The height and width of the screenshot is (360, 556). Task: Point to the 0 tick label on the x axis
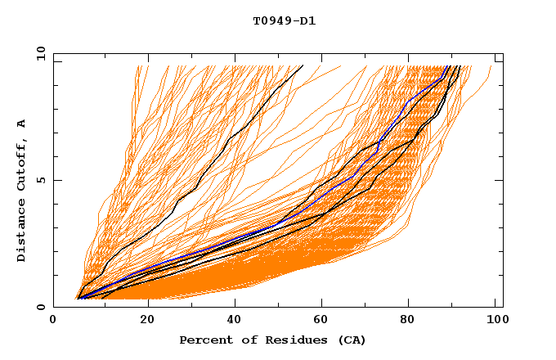(x=53, y=322)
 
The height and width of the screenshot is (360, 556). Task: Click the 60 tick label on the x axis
(x=323, y=322)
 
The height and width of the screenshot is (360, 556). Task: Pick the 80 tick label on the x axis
(x=413, y=322)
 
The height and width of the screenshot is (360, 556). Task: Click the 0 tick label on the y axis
(x=41, y=307)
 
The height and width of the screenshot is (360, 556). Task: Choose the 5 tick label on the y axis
(x=41, y=180)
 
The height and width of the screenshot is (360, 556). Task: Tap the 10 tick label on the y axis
(x=38, y=53)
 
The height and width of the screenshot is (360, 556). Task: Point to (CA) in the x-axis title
(x=351, y=340)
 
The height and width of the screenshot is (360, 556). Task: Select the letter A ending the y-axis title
(x=21, y=123)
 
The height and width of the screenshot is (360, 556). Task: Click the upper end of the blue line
(x=449, y=67)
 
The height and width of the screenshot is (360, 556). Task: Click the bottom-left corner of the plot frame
(x=53, y=307)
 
